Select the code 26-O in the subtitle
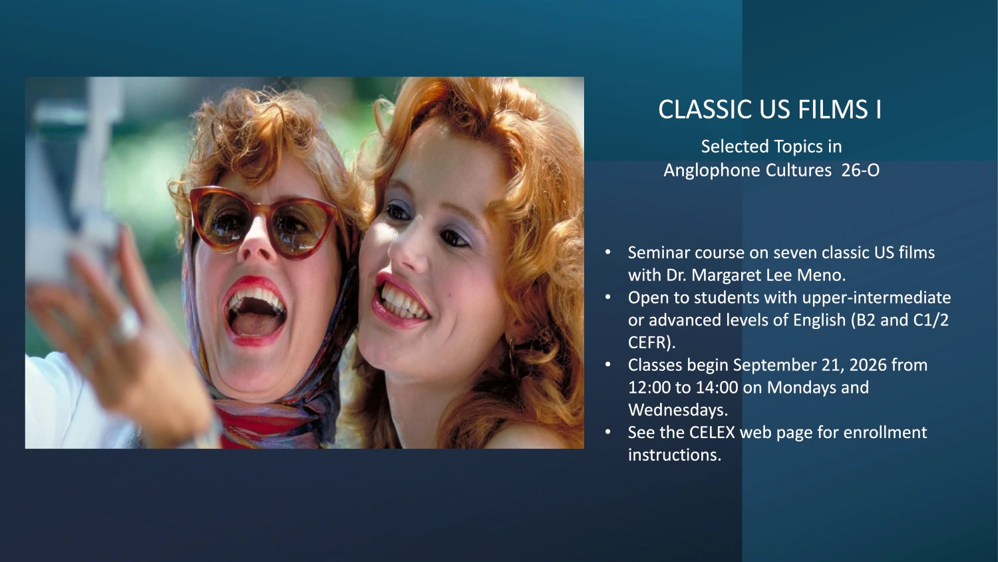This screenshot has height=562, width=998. pyautogui.click(x=860, y=170)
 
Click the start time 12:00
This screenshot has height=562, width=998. pyautogui.click(x=649, y=388)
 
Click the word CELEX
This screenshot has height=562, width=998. pyautogui.click(x=712, y=433)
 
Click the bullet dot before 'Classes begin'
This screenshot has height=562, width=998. pyautogui.click(x=607, y=365)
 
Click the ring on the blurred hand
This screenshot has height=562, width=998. pyautogui.click(x=126, y=326)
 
